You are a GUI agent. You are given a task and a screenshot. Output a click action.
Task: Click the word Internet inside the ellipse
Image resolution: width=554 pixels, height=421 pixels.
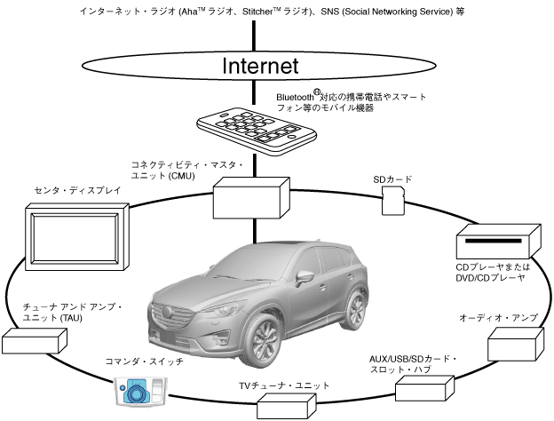pyautogui.click(x=259, y=66)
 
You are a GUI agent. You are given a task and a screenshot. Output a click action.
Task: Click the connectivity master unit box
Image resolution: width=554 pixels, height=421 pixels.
pyautogui.click(x=251, y=196)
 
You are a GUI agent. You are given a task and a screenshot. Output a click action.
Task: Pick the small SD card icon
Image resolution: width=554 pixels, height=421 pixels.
pyautogui.click(x=392, y=203)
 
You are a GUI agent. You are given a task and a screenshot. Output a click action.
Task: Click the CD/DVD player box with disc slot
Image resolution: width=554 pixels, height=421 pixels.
pyautogui.click(x=498, y=245)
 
